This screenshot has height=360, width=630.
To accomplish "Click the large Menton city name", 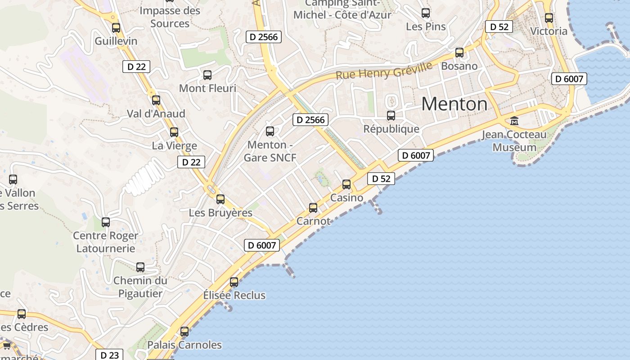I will tap(454, 104).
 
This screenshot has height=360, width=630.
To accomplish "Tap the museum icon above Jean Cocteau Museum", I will tap(514, 121).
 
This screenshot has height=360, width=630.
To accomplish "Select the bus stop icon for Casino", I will tap(346, 184).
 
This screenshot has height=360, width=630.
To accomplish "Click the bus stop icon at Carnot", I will tap(313, 208).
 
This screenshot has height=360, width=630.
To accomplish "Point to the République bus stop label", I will tap(391, 129).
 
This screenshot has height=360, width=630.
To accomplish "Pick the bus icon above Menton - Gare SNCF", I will tap(270, 131).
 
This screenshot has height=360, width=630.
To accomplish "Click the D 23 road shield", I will tap(109, 355).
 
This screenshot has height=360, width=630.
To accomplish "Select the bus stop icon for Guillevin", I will tap(116, 28).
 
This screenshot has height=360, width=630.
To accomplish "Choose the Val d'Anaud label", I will tap(156, 113).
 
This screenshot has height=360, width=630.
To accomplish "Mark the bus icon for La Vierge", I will tap(174, 132).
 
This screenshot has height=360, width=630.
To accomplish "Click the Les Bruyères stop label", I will tap(220, 212).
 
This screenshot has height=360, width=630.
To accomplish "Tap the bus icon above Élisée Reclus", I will tap(234, 282).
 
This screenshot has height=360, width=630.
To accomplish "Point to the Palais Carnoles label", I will tap(184, 345).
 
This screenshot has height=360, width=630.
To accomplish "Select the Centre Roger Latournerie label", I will tap(106, 242).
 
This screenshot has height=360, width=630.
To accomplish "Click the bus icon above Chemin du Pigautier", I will tap(140, 267).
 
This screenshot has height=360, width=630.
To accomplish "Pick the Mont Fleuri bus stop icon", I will tap(207, 75).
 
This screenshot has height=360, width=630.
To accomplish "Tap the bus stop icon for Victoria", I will tap(549, 18).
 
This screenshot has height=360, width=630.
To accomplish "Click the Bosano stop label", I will tap(459, 66).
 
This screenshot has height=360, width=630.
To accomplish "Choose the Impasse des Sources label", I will tap(170, 17).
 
